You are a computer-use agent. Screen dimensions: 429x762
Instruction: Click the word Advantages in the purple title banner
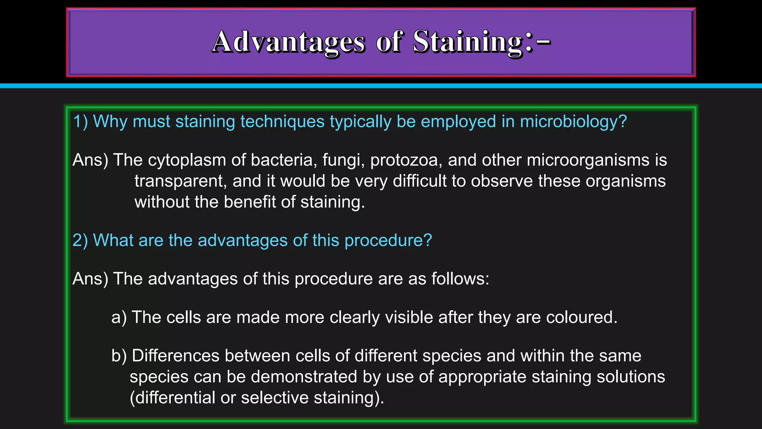(288, 42)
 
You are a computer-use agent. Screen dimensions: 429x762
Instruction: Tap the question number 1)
(80, 121)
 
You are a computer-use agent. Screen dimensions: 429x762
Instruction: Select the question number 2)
(80, 240)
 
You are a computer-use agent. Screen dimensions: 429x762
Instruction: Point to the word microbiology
(573, 121)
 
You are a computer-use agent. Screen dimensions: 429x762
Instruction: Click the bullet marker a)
(119, 317)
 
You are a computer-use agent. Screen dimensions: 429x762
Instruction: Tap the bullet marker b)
(119, 356)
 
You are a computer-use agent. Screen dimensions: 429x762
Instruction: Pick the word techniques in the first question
(282, 121)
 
